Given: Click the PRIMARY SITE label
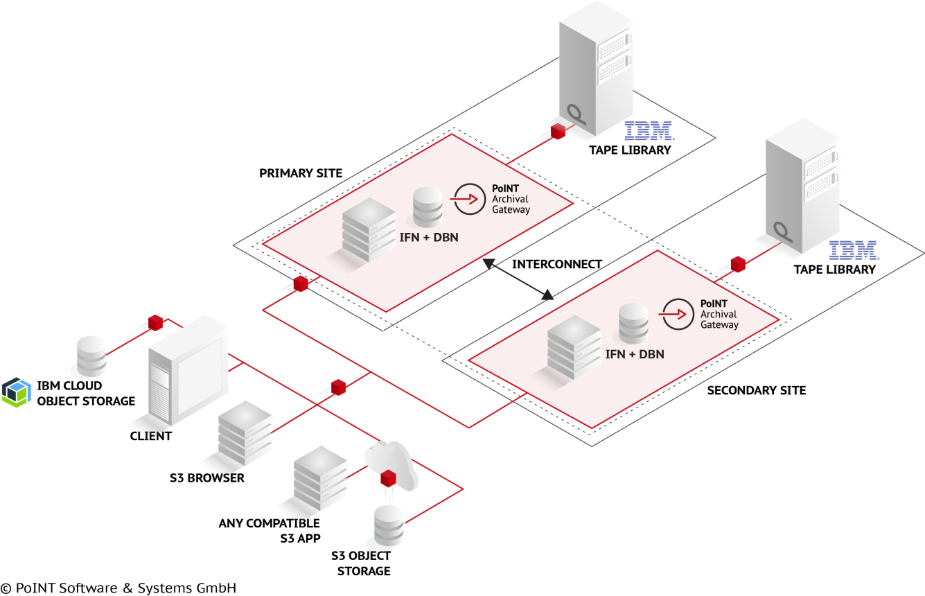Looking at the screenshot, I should coord(301,173).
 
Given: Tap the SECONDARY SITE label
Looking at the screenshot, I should coord(756,390).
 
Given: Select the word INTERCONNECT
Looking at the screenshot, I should coord(556,264).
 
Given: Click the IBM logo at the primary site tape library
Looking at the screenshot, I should coord(648,130).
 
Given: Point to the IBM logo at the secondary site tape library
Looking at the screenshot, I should coord(853,251).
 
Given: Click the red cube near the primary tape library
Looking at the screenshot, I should coord(558,132).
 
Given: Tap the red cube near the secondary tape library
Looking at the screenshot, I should coord(738,264).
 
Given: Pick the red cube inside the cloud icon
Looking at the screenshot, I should coord(388,477).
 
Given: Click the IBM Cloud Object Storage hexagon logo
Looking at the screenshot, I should coord(16,392).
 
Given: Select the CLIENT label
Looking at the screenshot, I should coord(150,436).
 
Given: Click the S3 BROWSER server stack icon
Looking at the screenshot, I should coord(244,433).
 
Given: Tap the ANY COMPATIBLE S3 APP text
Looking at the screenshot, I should coord(269,530).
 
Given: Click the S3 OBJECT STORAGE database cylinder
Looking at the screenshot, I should coord(388,526).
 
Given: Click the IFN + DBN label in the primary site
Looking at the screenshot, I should coord(429,237).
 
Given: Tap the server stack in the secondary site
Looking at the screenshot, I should coord(574,347).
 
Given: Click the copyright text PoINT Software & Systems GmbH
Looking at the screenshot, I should coord(118,588).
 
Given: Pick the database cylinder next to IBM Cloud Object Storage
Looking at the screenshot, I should coord(91,356).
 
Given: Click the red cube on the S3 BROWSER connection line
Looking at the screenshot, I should coord(338,387).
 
